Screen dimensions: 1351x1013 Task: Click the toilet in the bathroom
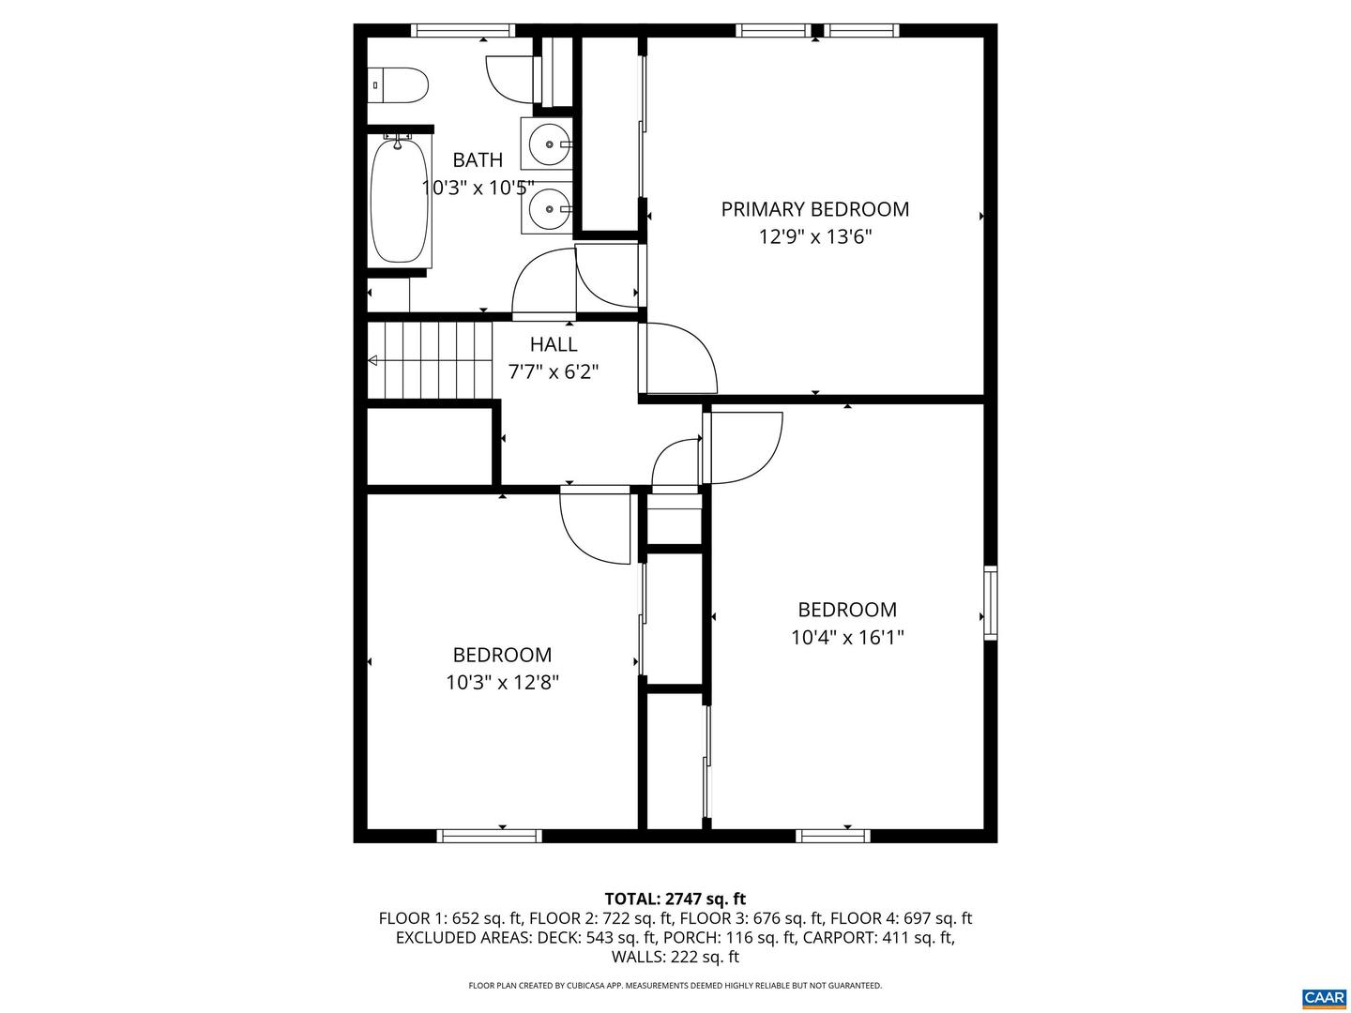[x=398, y=85]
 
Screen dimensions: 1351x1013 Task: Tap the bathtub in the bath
[x=399, y=201]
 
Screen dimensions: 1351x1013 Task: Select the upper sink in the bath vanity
[x=547, y=144]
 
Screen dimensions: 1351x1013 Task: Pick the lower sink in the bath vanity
[x=547, y=208]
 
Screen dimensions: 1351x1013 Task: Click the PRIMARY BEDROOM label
[x=814, y=209]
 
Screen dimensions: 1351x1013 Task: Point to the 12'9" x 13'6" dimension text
[x=815, y=236]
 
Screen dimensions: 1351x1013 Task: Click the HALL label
[x=554, y=344]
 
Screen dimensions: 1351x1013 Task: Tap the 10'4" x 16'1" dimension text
[x=847, y=637]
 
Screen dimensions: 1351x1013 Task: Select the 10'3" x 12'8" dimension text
[x=502, y=682]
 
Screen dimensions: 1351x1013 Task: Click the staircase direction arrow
[x=372, y=360]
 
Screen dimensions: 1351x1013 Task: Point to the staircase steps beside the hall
[x=430, y=360]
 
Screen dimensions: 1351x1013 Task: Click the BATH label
[x=478, y=159]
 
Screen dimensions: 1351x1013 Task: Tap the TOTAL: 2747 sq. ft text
[x=675, y=899]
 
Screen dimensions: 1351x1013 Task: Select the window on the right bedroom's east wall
[x=990, y=603]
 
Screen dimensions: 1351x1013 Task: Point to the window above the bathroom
[x=463, y=30]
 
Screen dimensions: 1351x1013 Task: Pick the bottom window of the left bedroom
[x=490, y=836]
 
